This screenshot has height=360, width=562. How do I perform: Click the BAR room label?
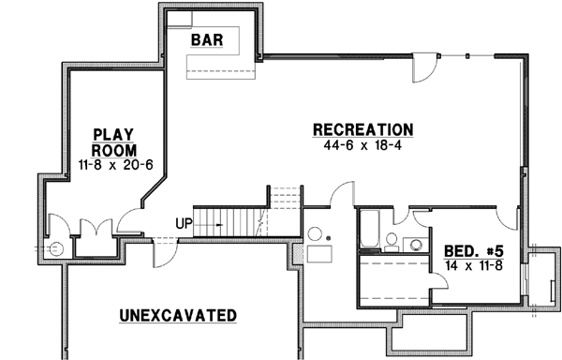click(x=206, y=40)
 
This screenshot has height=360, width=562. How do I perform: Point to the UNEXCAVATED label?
click(x=177, y=314)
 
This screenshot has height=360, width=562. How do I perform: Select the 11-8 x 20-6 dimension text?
click(x=114, y=166)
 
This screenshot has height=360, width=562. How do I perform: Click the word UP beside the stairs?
click(x=185, y=223)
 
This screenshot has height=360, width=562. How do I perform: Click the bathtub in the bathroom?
click(x=368, y=230)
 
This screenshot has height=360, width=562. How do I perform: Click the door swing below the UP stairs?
click(x=163, y=247)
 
